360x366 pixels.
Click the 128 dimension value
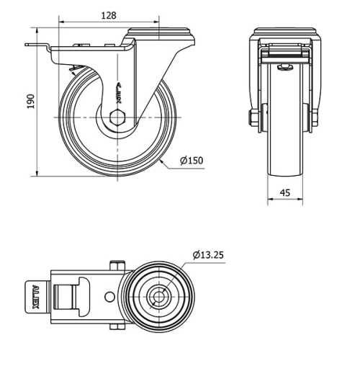(108, 14)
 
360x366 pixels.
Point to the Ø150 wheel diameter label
(191, 160)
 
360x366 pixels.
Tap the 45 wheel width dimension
(286, 192)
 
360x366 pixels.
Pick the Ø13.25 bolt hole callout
(209, 254)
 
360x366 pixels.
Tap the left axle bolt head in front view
(253, 119)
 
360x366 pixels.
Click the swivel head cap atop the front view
(285, 34)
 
